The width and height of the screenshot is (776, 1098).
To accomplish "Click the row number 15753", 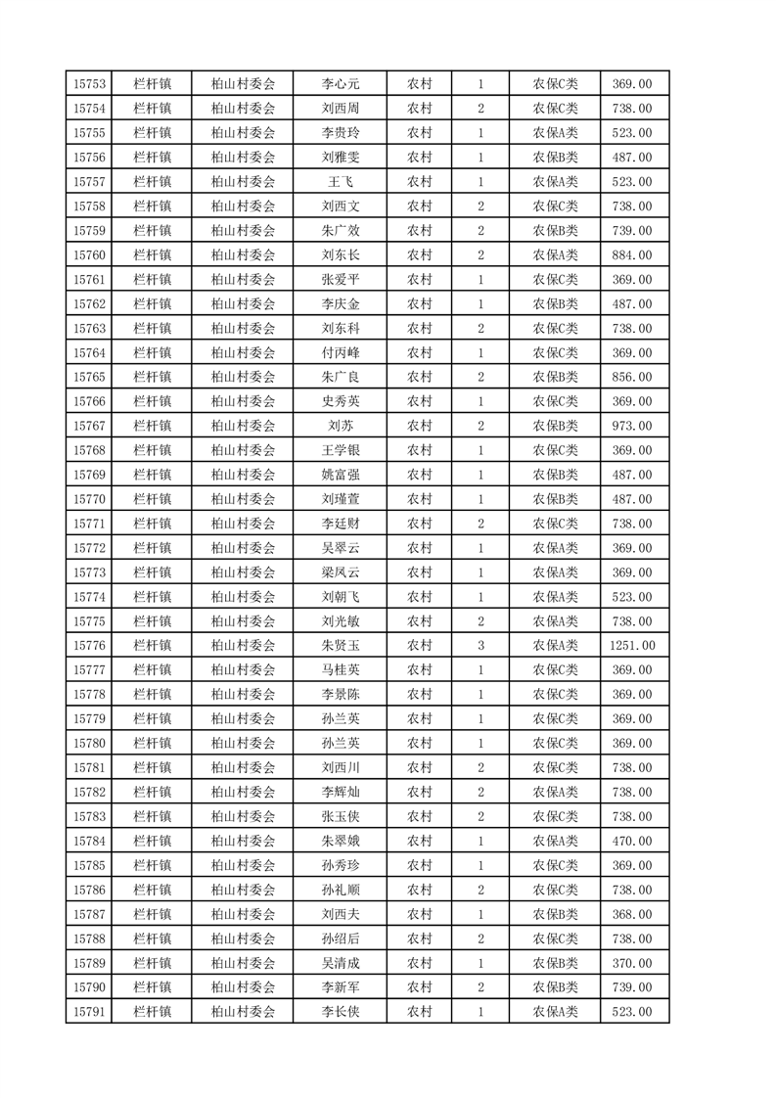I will coord(89,84).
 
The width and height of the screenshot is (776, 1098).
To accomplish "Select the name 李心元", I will coord(341,84).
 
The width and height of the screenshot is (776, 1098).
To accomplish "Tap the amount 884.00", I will coord(632,255).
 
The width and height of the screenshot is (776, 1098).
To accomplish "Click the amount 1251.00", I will coord(632,646).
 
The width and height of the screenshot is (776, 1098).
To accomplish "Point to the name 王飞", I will coord(341,182).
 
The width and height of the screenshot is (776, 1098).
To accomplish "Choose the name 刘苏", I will coord(341,426).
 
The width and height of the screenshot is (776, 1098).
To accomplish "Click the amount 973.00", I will coord(632,426).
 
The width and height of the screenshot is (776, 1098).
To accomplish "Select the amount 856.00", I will coord(632,377).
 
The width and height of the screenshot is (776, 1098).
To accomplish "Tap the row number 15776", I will coord(89,646).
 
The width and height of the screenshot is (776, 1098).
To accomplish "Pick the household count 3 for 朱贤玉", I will coord(480,646).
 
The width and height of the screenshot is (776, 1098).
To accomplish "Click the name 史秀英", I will coord(341,401).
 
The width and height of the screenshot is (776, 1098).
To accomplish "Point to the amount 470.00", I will coord(632,841).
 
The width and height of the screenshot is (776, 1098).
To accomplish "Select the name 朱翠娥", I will coord(341,841).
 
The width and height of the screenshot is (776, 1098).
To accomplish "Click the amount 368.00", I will coord(632,914).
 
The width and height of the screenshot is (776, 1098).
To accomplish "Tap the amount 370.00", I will coord(632,963).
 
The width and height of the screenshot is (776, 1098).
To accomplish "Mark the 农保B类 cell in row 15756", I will coord(555,158).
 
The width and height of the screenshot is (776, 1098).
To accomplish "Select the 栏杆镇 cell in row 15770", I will coord(152,499).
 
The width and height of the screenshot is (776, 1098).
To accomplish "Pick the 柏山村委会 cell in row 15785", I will coord(244,865).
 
